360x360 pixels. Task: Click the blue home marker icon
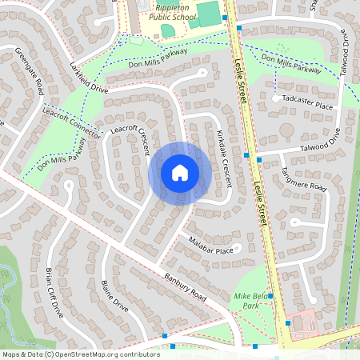point(180,173)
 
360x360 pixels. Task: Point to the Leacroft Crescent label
point(134,140)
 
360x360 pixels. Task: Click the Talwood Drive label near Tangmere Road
point(318,141)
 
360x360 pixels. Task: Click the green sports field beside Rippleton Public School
point(207,14)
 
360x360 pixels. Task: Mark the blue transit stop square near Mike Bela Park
point(271,296)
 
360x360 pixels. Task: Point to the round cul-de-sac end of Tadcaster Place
point(276,99)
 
